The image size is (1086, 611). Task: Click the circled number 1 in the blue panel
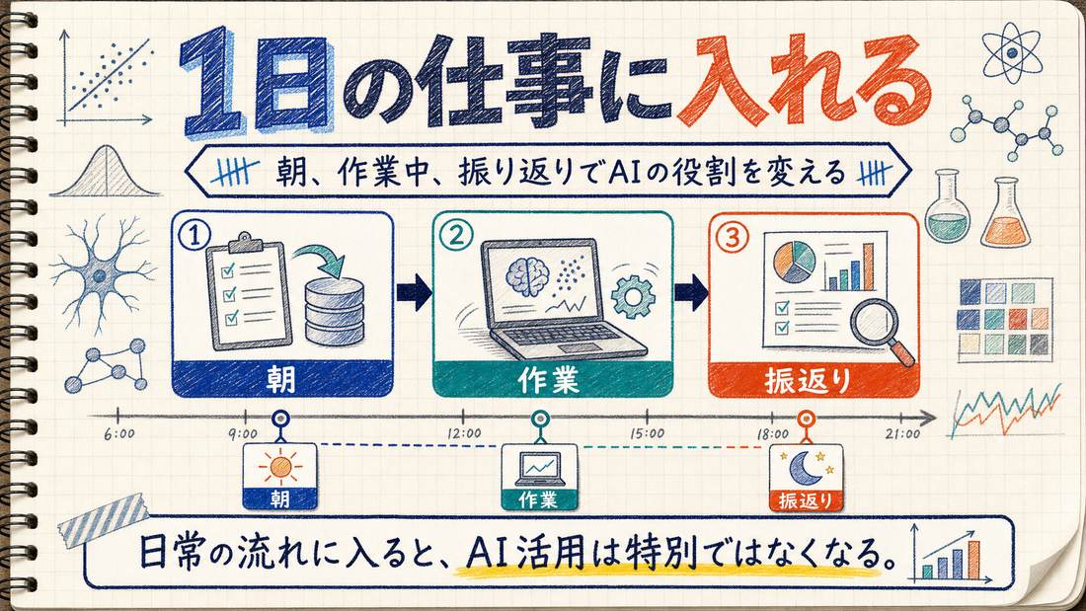pos(194,235)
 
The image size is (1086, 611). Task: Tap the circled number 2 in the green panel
pos(456,236)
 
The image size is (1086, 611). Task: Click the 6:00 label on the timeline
pos(118,433)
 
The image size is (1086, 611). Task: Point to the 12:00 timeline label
pos(464,433)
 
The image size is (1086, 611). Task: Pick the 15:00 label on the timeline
pos(647,433)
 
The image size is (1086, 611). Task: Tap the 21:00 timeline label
pos(903,434)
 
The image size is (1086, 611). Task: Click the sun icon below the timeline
pos(280,467)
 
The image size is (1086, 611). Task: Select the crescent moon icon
pos(805,468)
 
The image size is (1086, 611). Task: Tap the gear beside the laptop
pos(633,296)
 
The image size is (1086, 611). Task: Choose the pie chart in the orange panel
pos(794,262)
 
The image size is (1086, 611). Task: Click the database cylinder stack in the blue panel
pos(335,311)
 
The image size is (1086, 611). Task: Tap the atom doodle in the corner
pos(1012,51)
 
